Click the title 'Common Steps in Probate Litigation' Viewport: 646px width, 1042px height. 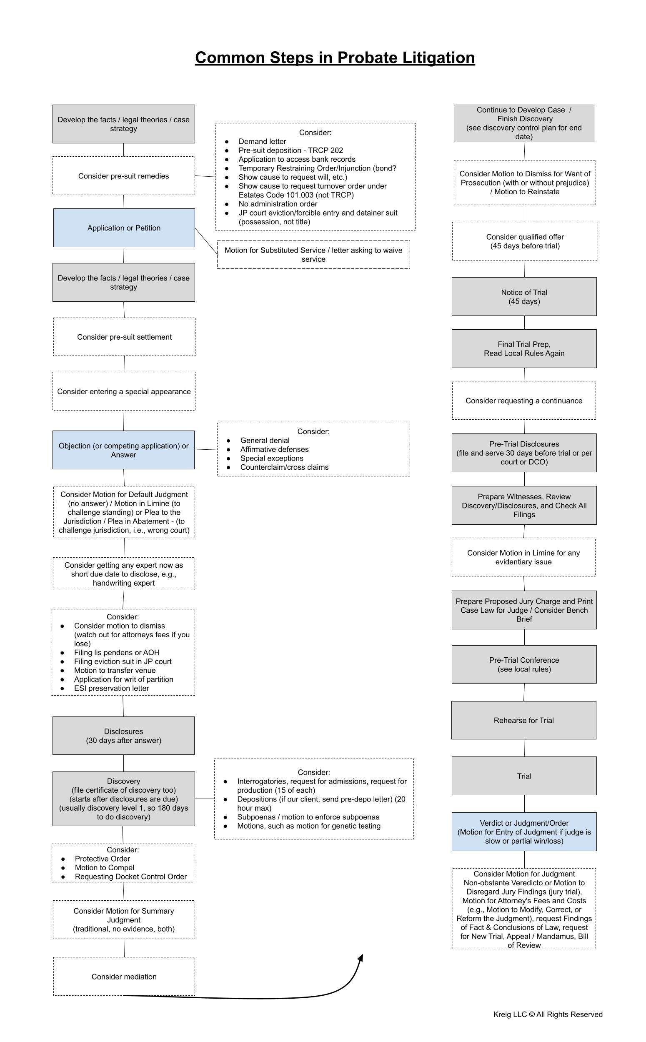pos(335,58)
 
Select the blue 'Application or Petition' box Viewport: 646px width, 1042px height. pos(124,228)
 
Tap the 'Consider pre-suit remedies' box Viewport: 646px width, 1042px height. pos(123,175)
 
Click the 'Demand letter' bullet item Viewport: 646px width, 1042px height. pos(262,141)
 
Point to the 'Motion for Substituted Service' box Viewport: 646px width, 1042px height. pos(313,254)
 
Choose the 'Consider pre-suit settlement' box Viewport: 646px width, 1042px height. pos(124,337)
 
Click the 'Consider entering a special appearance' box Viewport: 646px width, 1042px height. pos(124,391)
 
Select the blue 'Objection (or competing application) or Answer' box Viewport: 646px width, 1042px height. pos(123,450)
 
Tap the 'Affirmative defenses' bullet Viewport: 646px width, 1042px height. pos(274,449)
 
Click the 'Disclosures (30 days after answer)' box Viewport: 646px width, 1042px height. pos(123,736)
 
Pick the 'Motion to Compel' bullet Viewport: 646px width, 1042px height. pos(104,868)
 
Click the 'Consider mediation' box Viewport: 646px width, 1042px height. pos(124,976)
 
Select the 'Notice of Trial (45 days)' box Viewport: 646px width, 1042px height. pos(524,296)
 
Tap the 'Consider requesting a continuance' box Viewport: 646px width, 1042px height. pos(524,400)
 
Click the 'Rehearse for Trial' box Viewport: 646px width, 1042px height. pos(524,720)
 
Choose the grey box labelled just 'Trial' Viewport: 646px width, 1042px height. pos(524,776)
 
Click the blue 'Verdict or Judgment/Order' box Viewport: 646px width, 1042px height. pos(524,832)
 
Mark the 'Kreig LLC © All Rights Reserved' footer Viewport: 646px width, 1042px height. pos(548,1014)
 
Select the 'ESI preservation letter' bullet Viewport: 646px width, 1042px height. pos(112,688)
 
